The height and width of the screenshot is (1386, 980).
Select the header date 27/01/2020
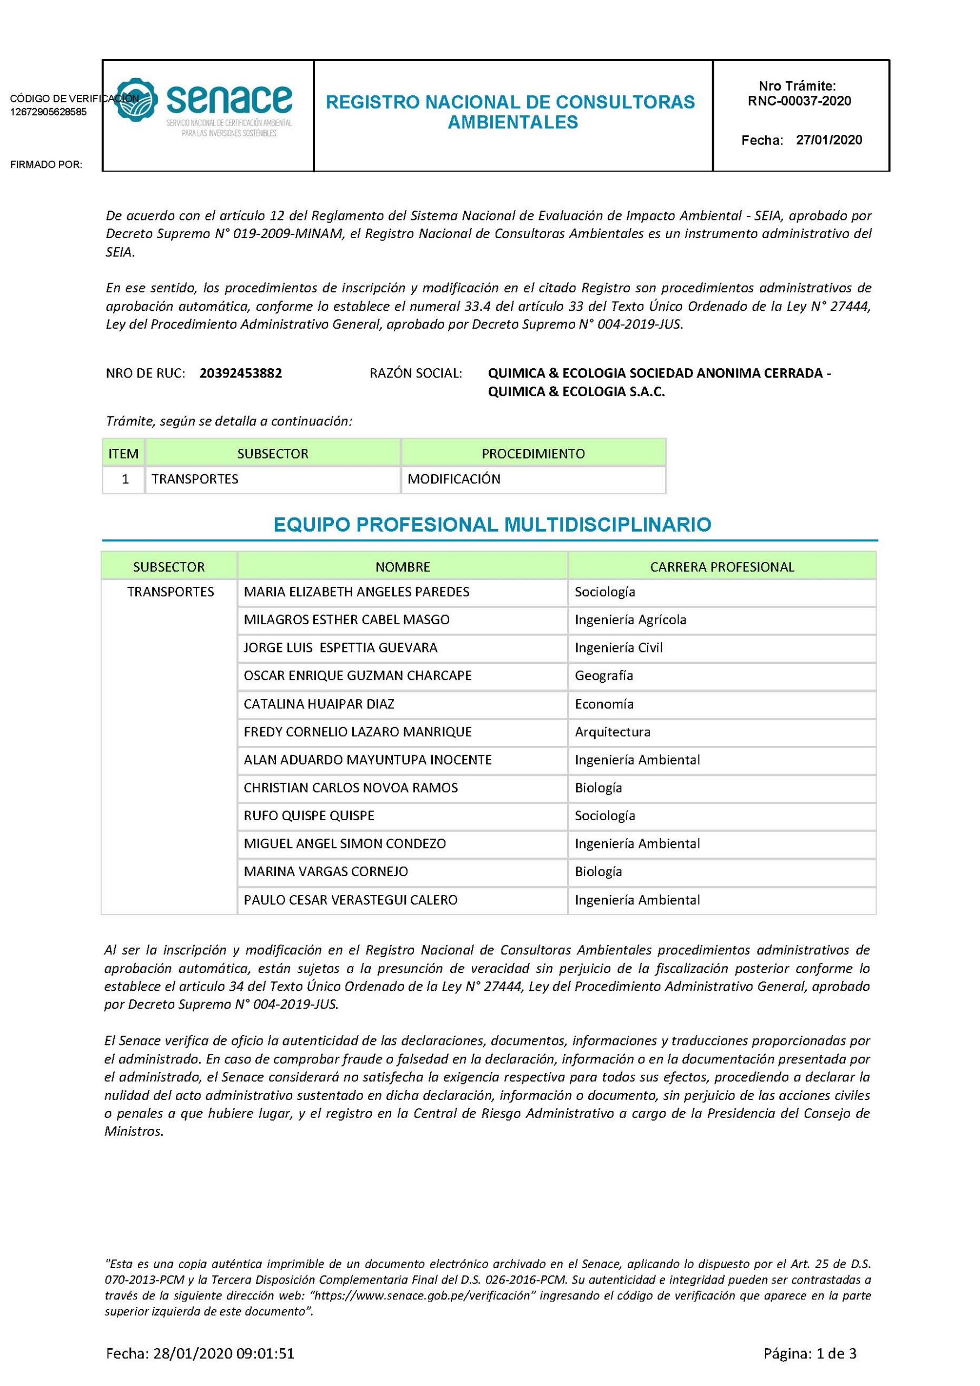[828, 140]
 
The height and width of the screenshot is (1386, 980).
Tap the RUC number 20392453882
[241, 373]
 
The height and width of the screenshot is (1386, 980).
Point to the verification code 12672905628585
[48, 112]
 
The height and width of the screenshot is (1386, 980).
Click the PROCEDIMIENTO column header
[533, 453]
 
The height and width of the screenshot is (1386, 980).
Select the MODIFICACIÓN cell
[454, 479]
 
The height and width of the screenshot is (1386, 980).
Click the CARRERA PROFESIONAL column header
[722, 567]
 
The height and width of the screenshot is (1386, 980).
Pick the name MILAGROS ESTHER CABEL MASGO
[346, 619]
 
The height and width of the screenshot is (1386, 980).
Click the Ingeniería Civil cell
[619, 648]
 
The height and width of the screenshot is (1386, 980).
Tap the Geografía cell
[603, 676]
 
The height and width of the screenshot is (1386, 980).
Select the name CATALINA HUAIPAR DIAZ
[319, 704]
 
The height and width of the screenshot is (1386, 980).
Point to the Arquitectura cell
[613, 731]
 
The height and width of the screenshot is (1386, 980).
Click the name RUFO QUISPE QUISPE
[309, 815]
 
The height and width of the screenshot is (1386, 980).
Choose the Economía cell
[604, 704]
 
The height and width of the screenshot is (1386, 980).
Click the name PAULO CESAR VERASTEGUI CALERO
[351, 899]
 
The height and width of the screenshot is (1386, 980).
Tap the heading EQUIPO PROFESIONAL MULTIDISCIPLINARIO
[492, 525]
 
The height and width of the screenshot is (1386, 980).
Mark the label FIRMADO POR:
[46, 165]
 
